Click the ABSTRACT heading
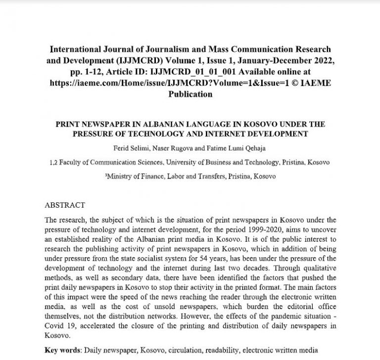pos(64,205)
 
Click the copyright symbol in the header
pos(296,83)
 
